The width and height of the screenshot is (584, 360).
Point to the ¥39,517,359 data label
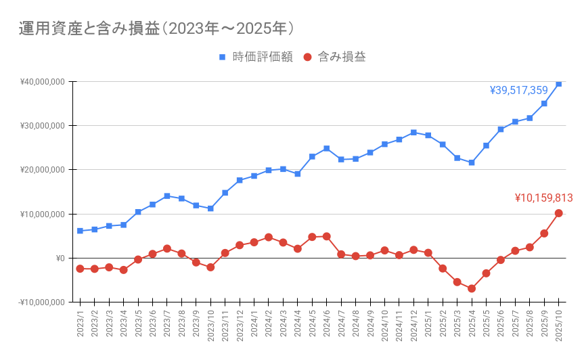pos(518,90)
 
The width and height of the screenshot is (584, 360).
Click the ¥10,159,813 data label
pos(543,198)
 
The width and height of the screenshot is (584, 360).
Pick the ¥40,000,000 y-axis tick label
pos(42,82)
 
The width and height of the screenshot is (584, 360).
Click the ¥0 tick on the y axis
pos(60,258)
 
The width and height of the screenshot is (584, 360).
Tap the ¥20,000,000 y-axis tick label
pos(42,170)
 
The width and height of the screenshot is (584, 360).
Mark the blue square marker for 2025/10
pos(559,83)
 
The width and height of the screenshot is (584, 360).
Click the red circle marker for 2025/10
pos(559,213)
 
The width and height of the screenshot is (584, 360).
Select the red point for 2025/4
pos(472,288)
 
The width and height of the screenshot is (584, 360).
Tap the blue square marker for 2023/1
pos(80,231)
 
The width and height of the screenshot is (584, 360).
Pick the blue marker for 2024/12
pos(413,133)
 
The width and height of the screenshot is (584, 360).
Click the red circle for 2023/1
pos(80,269)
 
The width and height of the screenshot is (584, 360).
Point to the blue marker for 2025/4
pos(472,162)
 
